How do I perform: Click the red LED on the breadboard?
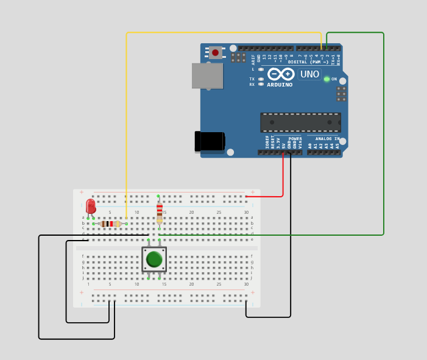click(91, 206)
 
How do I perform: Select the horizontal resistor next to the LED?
click(110, 224)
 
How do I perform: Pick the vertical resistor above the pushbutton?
click(160, 211)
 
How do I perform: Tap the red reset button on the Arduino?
click(215, 53)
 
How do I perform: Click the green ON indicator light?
click(326, 79)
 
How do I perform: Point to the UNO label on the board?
click(309, 74)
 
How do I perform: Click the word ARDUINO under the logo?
click(280, 85)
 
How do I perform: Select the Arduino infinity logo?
click(281, 74)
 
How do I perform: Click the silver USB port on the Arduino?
click(207, 76)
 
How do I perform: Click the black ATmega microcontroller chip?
click(300, 122)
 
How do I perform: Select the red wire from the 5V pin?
click(283, 177)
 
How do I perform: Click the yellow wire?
click(126, 122)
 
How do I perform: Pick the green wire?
click(383, 134)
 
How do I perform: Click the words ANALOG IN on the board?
click(327, 139)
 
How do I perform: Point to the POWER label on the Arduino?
click(295, 139)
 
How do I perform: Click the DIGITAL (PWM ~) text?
click(308, 62)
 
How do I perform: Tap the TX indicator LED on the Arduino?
click(261, 79)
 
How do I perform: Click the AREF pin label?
click(253, 59)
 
